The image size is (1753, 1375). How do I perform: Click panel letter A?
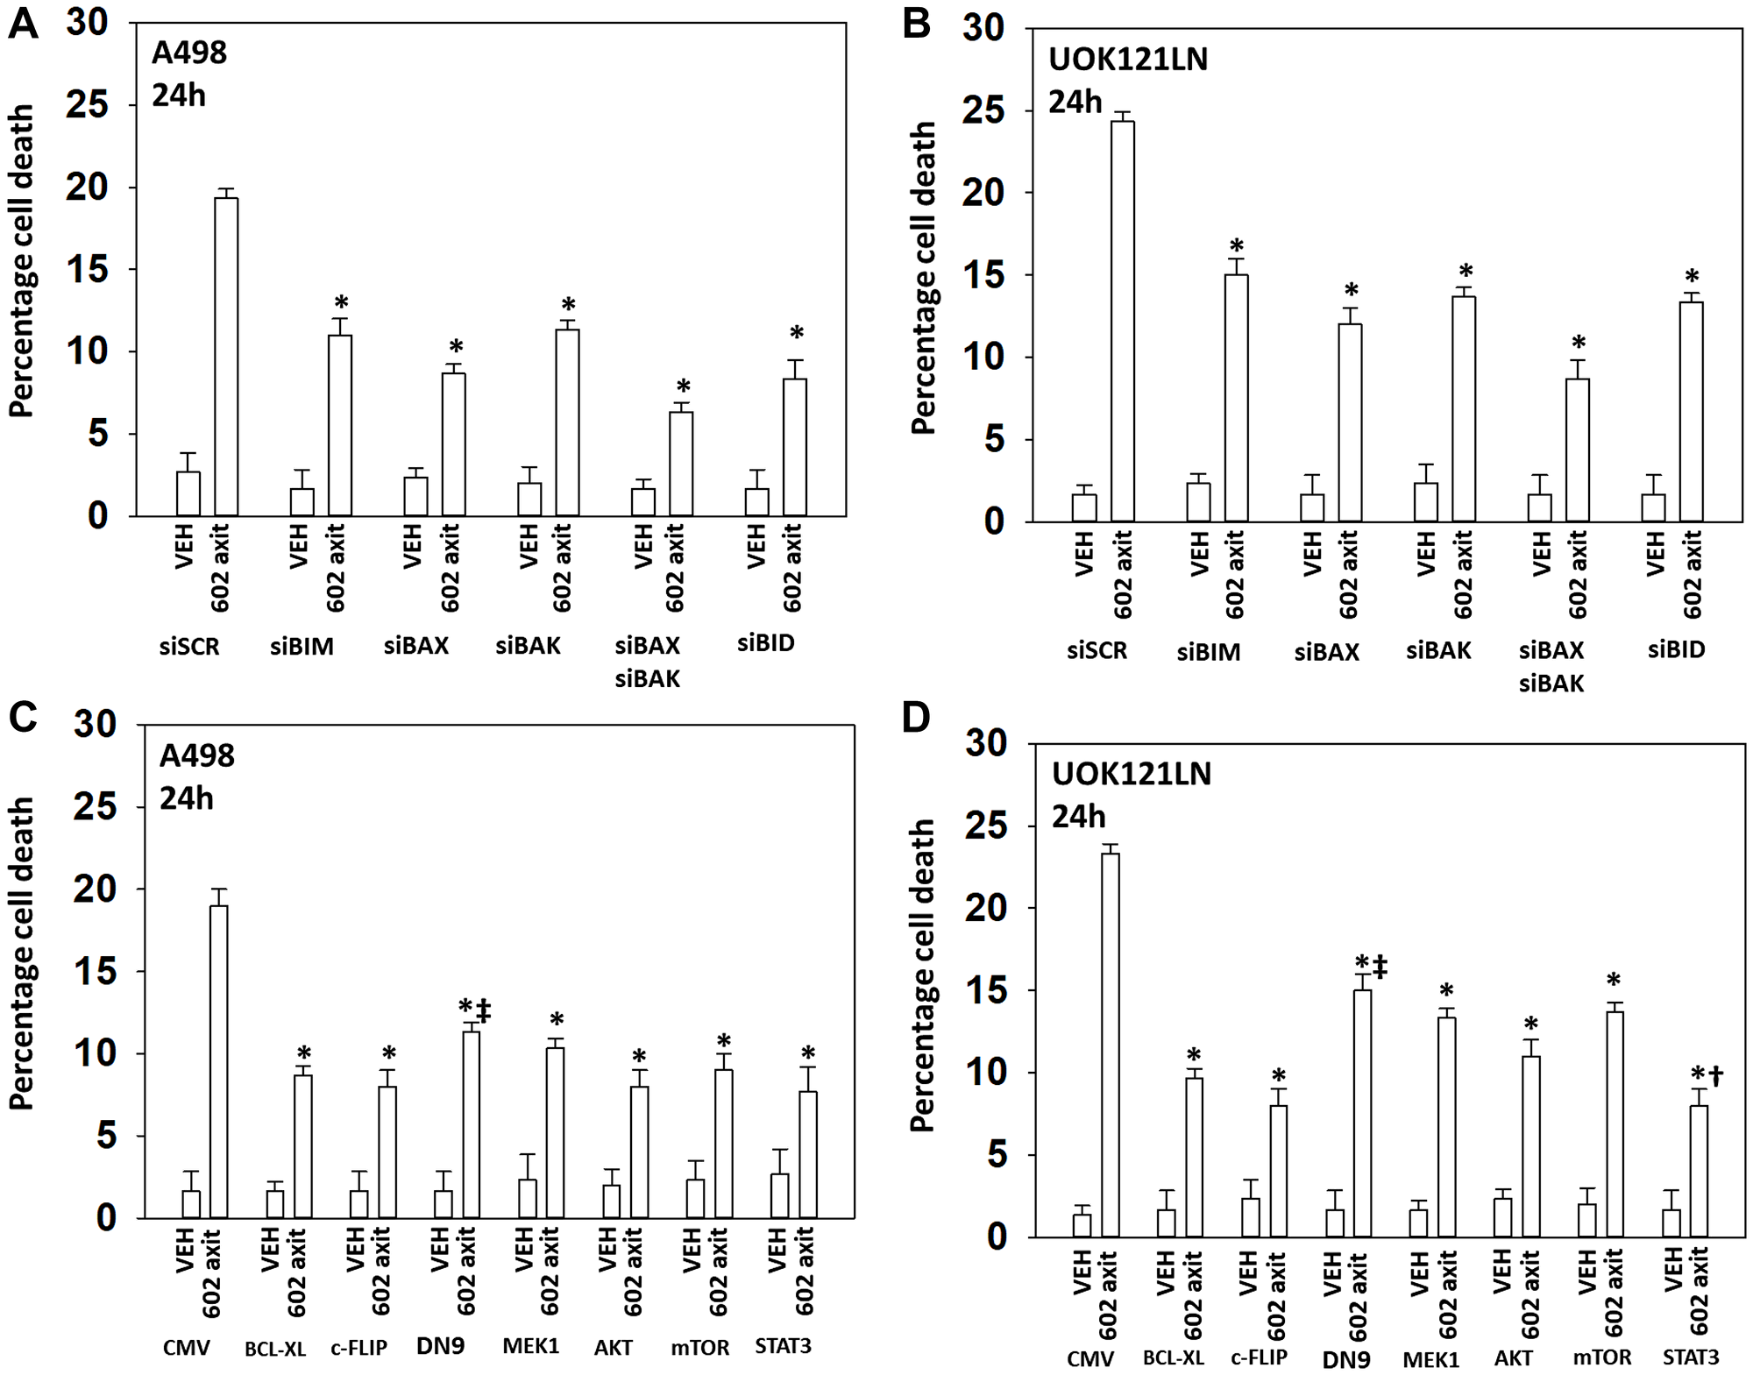pyautogui.click(x=23, y=23)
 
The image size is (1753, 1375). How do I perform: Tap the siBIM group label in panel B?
pyautogui.click(x=1208, y=652)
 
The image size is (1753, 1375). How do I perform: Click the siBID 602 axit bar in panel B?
pyautogui.click(x=1691, y=412)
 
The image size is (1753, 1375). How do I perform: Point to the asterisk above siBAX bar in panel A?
pyautogui.click(x=456, y=346)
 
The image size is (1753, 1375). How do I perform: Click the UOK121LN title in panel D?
pyautogui.click(x=1132, y=775)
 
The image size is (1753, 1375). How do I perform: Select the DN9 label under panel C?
pyautogui.click(x=440, y=1345)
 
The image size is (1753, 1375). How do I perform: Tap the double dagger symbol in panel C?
pyautogui.click(x=484, y=1010)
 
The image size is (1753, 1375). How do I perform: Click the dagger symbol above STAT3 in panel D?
pyautogui.click(x=1715, y=1075)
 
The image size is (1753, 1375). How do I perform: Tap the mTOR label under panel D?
pyautogui.click(x=1601, y=1357)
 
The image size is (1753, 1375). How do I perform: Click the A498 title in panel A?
pyautogui.click(x=188, y=53)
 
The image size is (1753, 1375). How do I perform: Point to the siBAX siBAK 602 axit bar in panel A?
pyautogui.click(x=681, y=464)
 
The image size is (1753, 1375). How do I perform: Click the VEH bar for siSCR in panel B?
pyautogui.click(x=1084, y=507)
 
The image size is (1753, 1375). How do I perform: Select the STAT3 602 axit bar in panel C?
pyautogui.click(x=807, y=1154)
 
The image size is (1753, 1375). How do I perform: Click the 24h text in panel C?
pyautogui.click(x=187, y=798)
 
